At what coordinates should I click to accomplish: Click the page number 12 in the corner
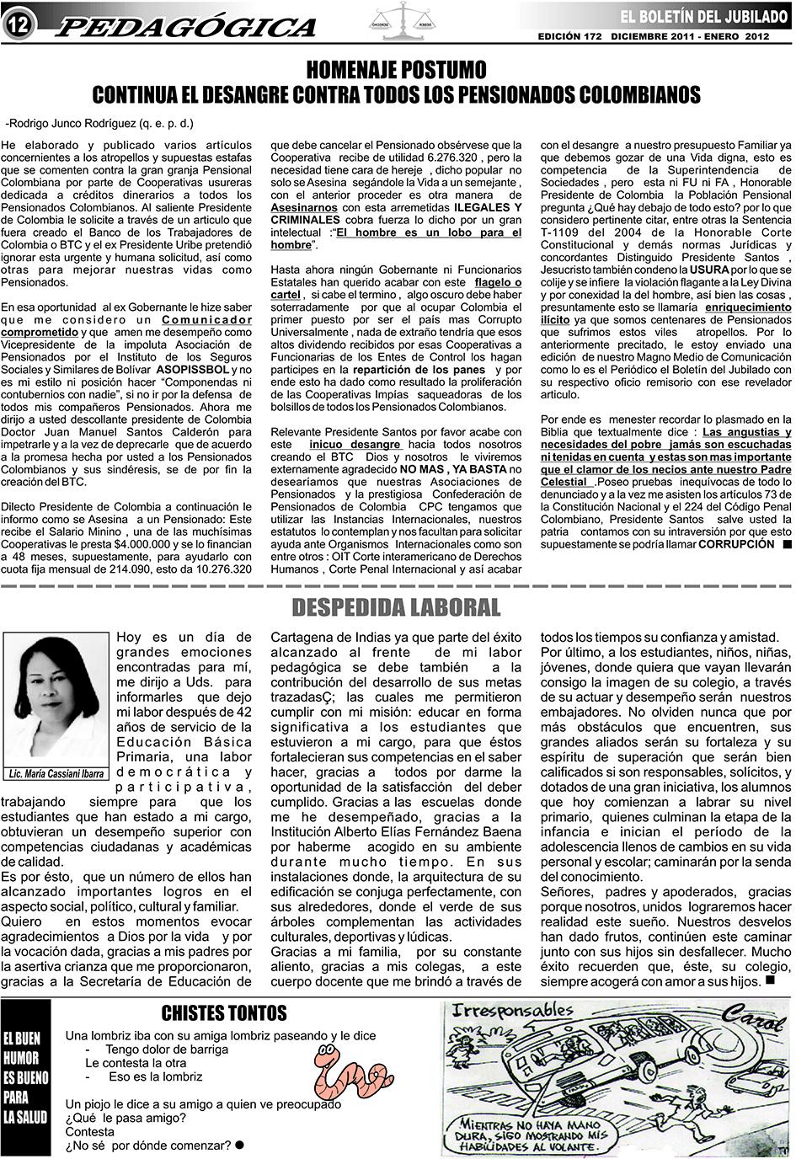click(18, 26)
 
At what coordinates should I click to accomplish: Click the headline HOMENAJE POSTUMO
click(396, 68)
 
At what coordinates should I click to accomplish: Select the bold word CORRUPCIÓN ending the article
click(735, 544)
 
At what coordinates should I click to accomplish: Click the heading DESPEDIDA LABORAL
click(396, 606)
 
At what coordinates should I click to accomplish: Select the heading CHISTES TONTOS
click(224, 1013)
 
